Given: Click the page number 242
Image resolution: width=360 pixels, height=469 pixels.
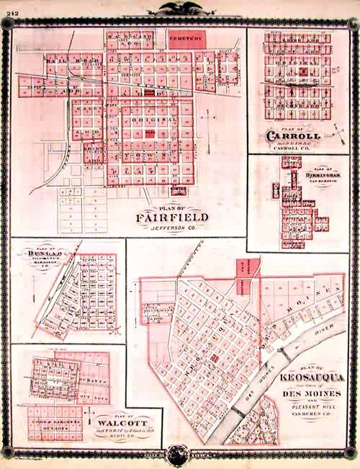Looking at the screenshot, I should coord(9,6).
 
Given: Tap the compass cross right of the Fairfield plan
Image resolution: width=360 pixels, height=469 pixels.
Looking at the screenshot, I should coord(209,117).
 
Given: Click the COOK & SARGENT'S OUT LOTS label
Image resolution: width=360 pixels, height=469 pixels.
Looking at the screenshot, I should coord(52,414).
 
